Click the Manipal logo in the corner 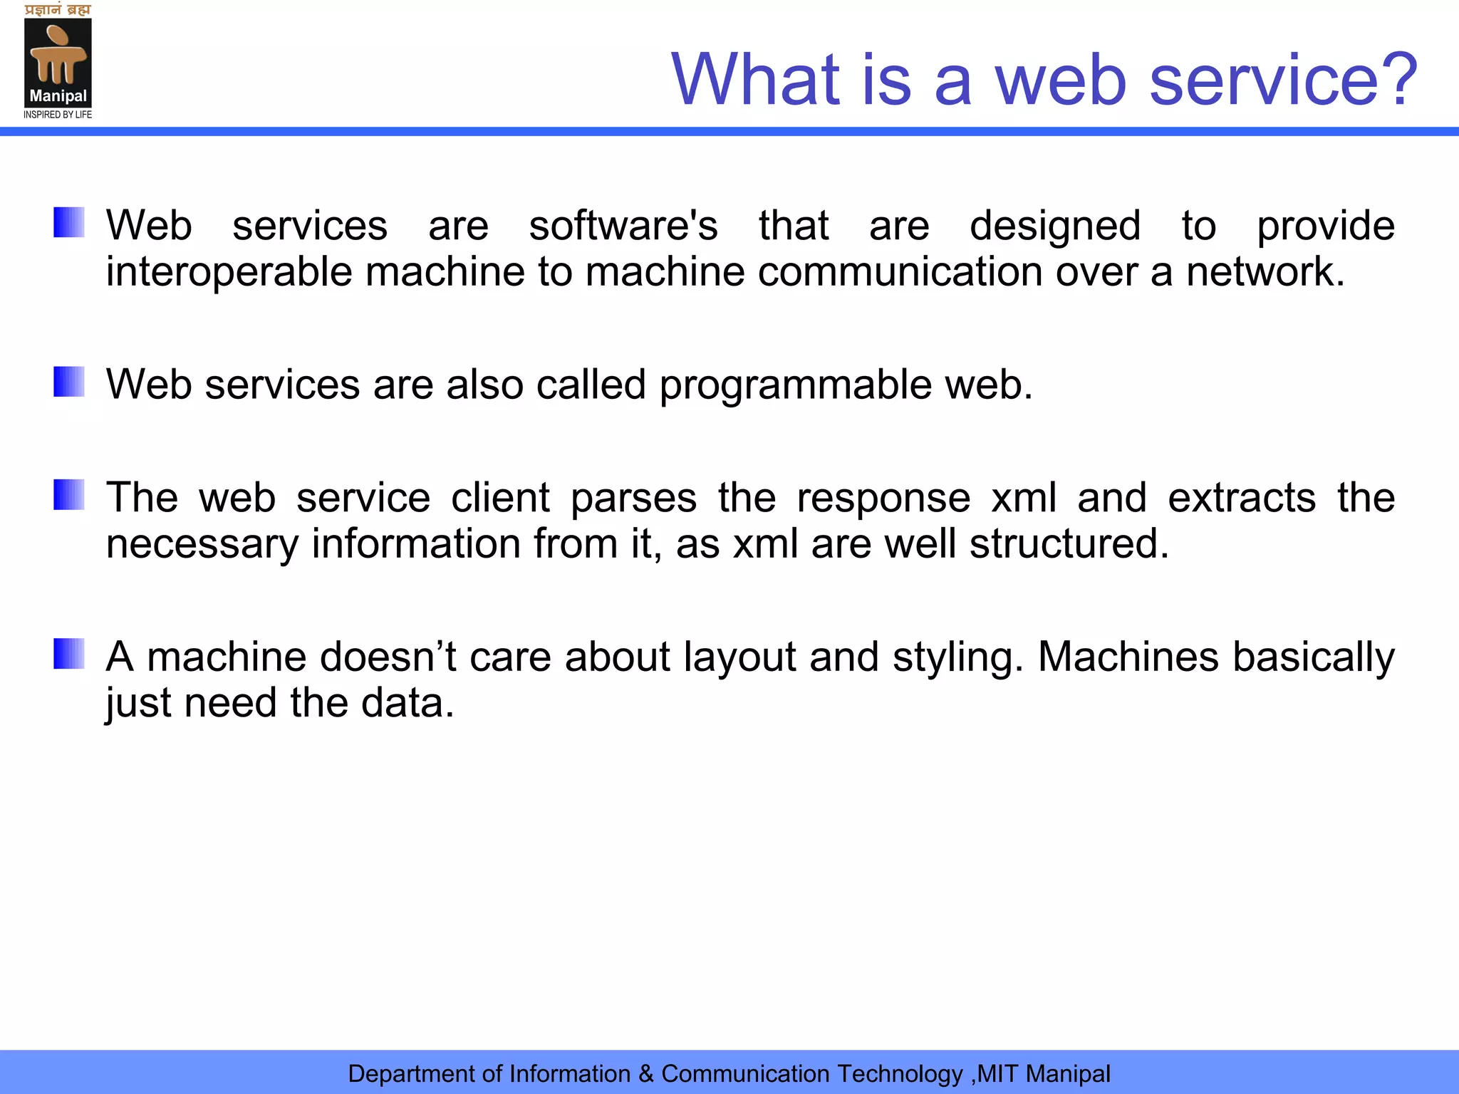tap(58, 63)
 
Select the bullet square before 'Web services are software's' tap(69, 222)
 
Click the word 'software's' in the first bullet tap(623, 226)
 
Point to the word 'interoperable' tap(229, 273)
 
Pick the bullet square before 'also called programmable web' tap(69, 382)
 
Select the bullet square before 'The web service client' tap(69, 495)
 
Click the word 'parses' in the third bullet tap(633, 499)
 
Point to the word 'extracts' tap(1242, 498)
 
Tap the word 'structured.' tap(1069, 545)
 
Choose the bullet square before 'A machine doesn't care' tap(69, 654)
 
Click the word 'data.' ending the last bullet tap(407, 704)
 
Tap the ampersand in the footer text tap(646, 1073)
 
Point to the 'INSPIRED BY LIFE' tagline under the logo tap(58, 115)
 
